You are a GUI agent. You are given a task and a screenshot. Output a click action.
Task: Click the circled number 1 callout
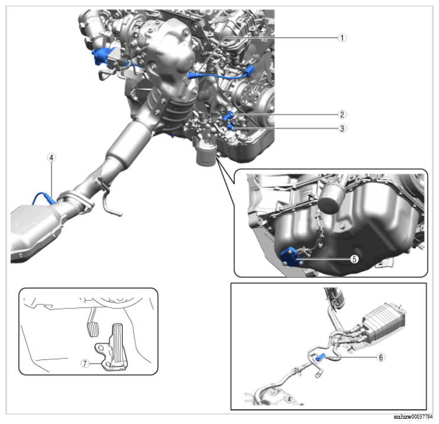[x=342, y=37]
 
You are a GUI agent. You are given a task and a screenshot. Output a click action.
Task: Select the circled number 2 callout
[x=342, y=114]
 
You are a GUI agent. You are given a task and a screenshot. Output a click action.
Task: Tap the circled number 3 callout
[x=342, y=129]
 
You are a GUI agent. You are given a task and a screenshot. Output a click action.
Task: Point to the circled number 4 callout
[x=51, y=158]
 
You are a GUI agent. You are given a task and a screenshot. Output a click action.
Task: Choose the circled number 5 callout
[x=354, y=259]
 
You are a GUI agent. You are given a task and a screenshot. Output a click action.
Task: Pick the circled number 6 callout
[x=381, y=357]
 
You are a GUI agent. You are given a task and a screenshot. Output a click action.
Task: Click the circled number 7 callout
[x=85, y=364]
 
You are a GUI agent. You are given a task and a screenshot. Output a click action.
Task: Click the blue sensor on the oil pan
[x=292, y=256]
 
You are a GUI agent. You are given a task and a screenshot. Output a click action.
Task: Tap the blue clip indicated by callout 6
[x=321, y=357]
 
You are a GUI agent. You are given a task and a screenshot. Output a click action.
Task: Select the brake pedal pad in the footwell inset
[x=92, y=330]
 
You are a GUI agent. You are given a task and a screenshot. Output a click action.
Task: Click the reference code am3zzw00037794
[x=413, y=417]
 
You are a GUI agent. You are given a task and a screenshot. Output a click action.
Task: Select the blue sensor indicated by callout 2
[x=230, y=115]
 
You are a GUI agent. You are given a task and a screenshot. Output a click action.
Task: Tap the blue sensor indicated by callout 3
[x=231, y=127]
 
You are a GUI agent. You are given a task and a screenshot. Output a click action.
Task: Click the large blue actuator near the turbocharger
[x=103, y=56]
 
